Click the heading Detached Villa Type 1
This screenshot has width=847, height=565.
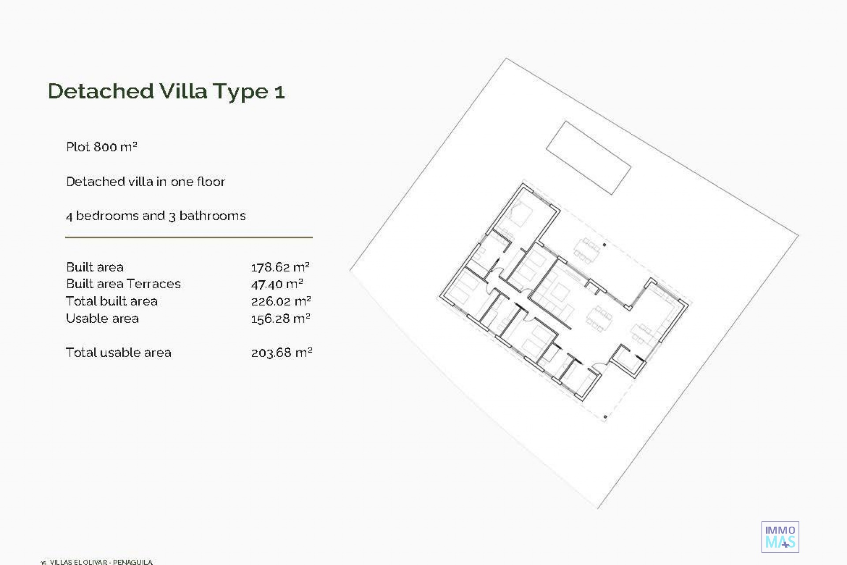166,91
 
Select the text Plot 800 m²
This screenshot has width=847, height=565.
101,147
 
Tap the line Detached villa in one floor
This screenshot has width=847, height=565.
146,181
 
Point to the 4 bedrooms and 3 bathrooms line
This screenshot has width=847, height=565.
156,215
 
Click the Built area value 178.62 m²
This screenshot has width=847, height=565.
280,267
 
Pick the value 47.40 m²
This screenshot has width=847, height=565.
277,284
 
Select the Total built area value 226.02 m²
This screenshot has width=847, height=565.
281,301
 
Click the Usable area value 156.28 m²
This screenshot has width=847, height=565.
281,318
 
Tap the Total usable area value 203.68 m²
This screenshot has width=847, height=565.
281,353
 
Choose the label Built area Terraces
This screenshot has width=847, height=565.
123,284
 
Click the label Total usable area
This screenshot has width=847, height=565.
118,352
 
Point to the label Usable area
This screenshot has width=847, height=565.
102,318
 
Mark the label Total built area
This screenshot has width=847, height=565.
112,301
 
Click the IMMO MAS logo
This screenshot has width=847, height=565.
780,537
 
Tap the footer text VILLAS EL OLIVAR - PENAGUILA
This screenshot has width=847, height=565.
101,562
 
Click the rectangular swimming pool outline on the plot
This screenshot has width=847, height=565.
588,158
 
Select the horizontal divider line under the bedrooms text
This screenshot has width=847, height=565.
189,237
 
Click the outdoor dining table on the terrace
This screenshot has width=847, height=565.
586,250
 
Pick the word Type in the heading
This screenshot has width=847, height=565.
241,92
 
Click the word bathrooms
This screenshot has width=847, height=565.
212,215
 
